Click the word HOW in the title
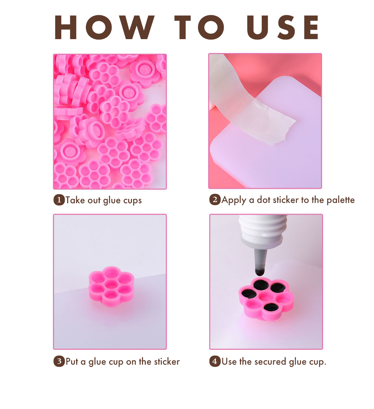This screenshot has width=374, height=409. pos(104,27)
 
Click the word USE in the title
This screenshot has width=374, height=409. pos(283,27)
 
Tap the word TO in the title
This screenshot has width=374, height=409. pos(199,27)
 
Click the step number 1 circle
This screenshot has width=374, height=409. pos(59,200)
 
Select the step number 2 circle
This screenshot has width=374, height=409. pos(215,199)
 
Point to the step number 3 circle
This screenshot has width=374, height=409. pos(59,362)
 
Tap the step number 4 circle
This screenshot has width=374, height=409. pos(215,361)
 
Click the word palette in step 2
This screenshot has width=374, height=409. pos(341,200)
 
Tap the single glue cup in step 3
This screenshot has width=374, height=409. pos(112,286)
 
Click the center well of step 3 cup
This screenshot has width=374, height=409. pos(112,284)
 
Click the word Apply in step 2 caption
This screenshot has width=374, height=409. pos(234,200)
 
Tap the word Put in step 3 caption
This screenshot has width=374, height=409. pos(72,362)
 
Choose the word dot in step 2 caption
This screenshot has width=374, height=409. pos(264,200)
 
